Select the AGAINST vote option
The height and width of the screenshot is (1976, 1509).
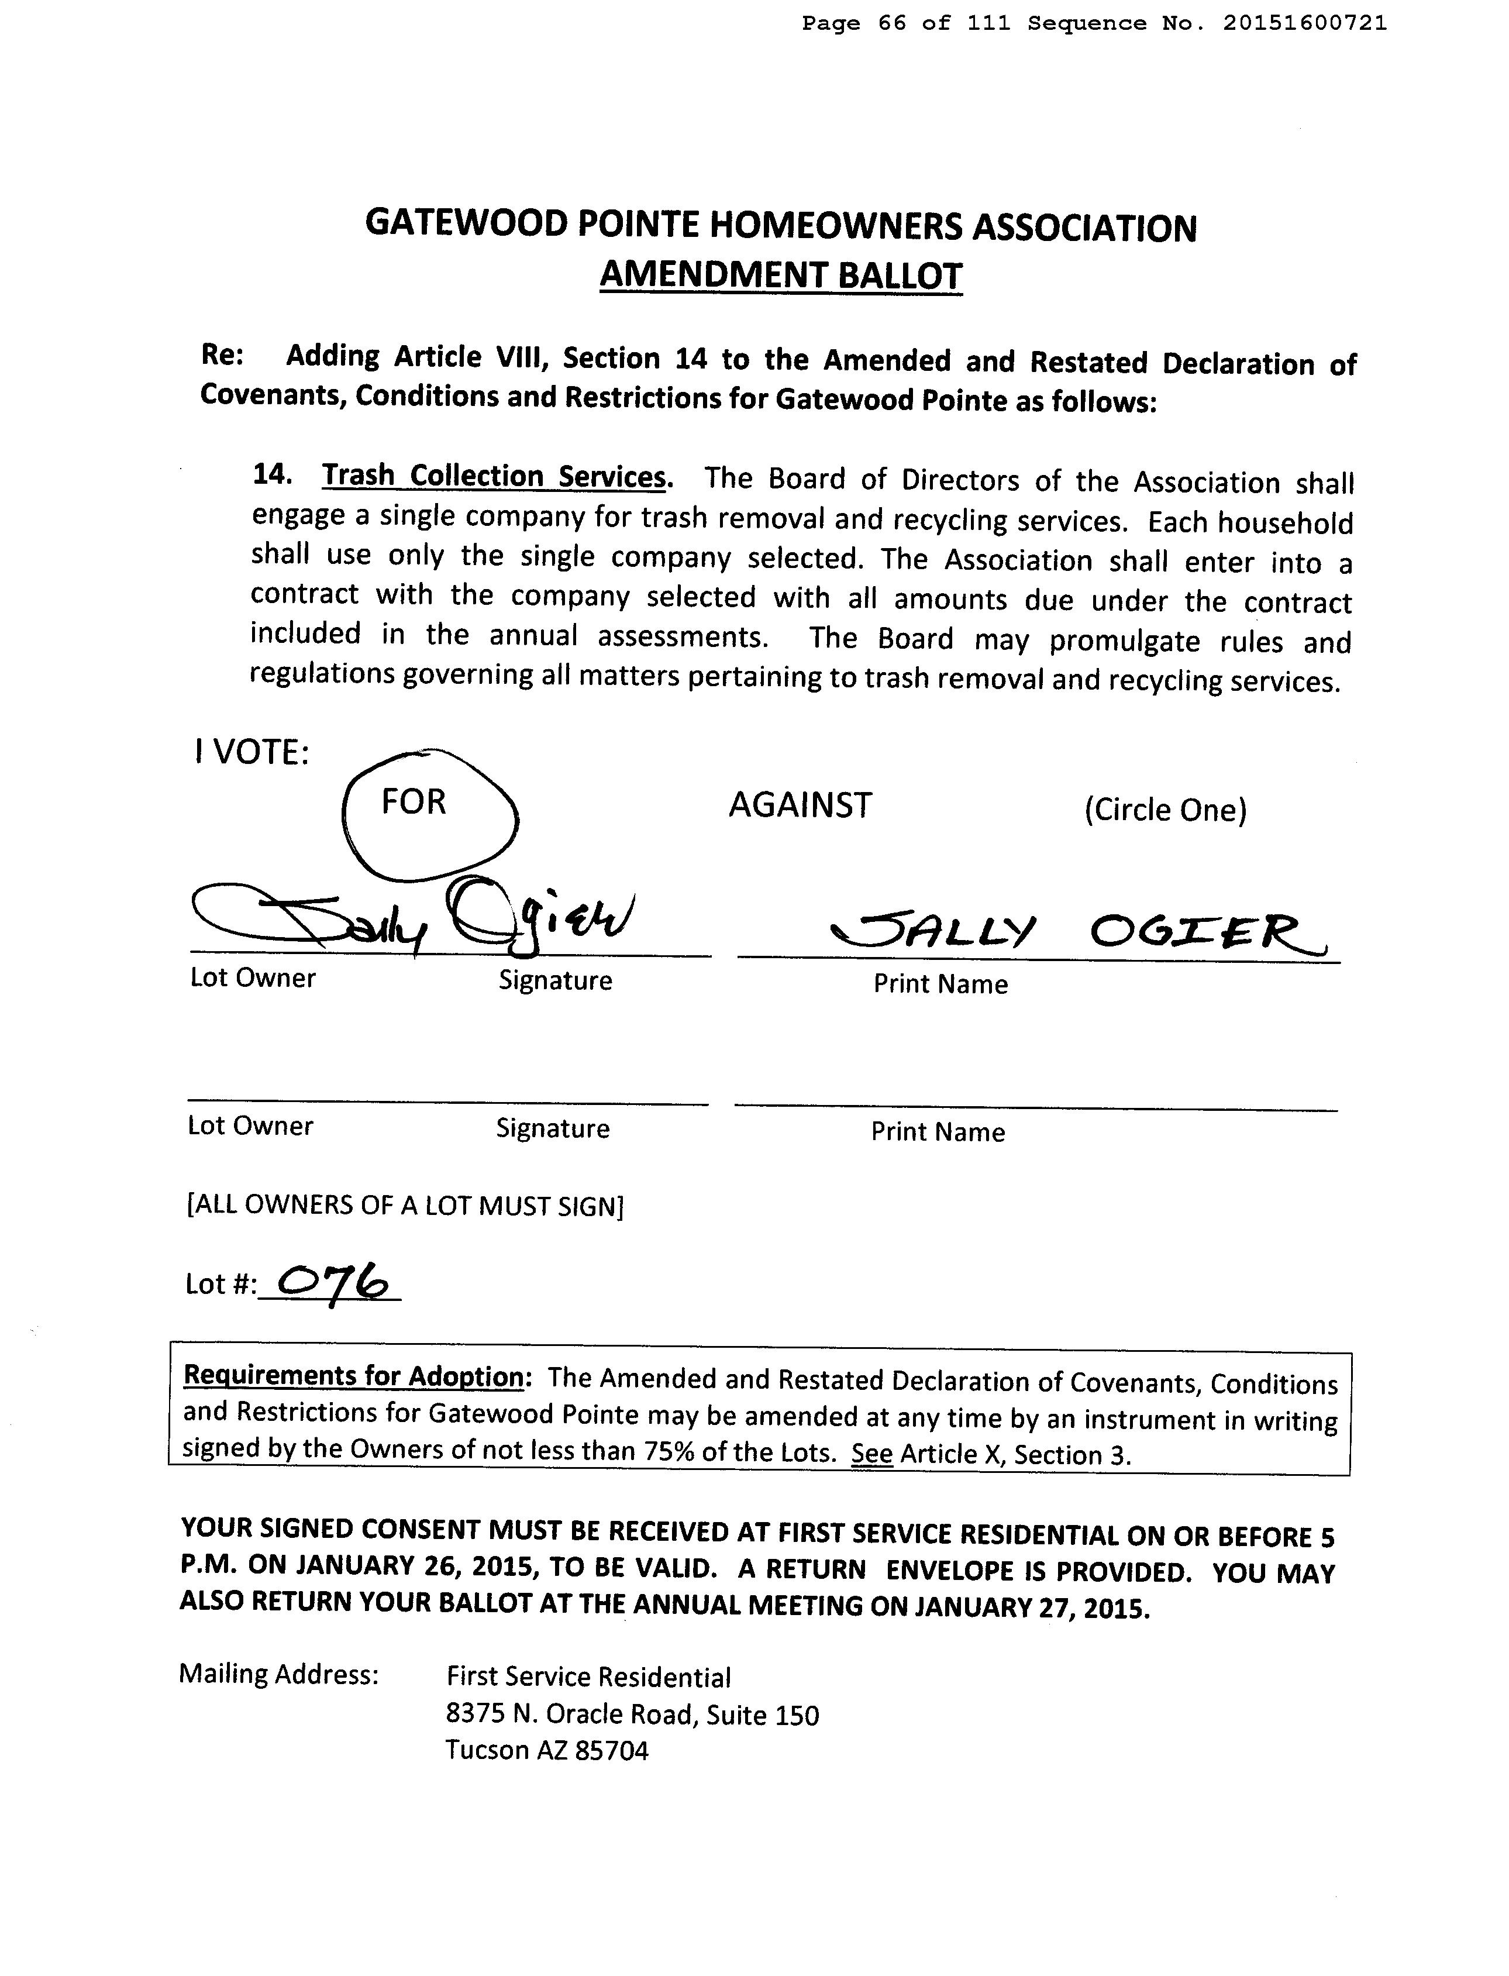point(800,805)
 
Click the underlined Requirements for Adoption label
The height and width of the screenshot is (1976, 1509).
point(353,1376)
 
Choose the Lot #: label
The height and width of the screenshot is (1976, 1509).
point(219,1285)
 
